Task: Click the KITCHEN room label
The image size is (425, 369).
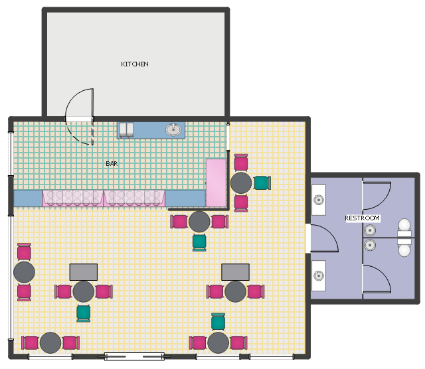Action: (135, 64)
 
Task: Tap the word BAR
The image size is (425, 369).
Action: (112, 164)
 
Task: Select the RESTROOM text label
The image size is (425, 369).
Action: (362, 218)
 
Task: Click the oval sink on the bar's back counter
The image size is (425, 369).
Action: (173, 129)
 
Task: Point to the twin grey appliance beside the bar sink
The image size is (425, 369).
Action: (126, 130)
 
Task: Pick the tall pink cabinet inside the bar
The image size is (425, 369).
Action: (216, 183)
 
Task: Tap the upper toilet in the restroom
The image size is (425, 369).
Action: (404, 228)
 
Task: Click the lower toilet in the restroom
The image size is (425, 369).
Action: (404, 248)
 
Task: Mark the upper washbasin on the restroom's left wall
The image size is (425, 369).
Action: (319, 200)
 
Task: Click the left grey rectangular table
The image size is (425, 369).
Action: (84, 272)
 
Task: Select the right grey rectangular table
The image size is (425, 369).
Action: (235, 272)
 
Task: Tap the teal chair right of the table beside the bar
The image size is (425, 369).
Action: (262, 183)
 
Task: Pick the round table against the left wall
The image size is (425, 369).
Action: (24, 272)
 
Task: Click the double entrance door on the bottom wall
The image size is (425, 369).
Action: (134, 356)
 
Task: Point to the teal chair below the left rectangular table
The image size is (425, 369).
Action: (84, 313)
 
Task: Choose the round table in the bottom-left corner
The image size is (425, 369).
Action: (50, 342)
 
